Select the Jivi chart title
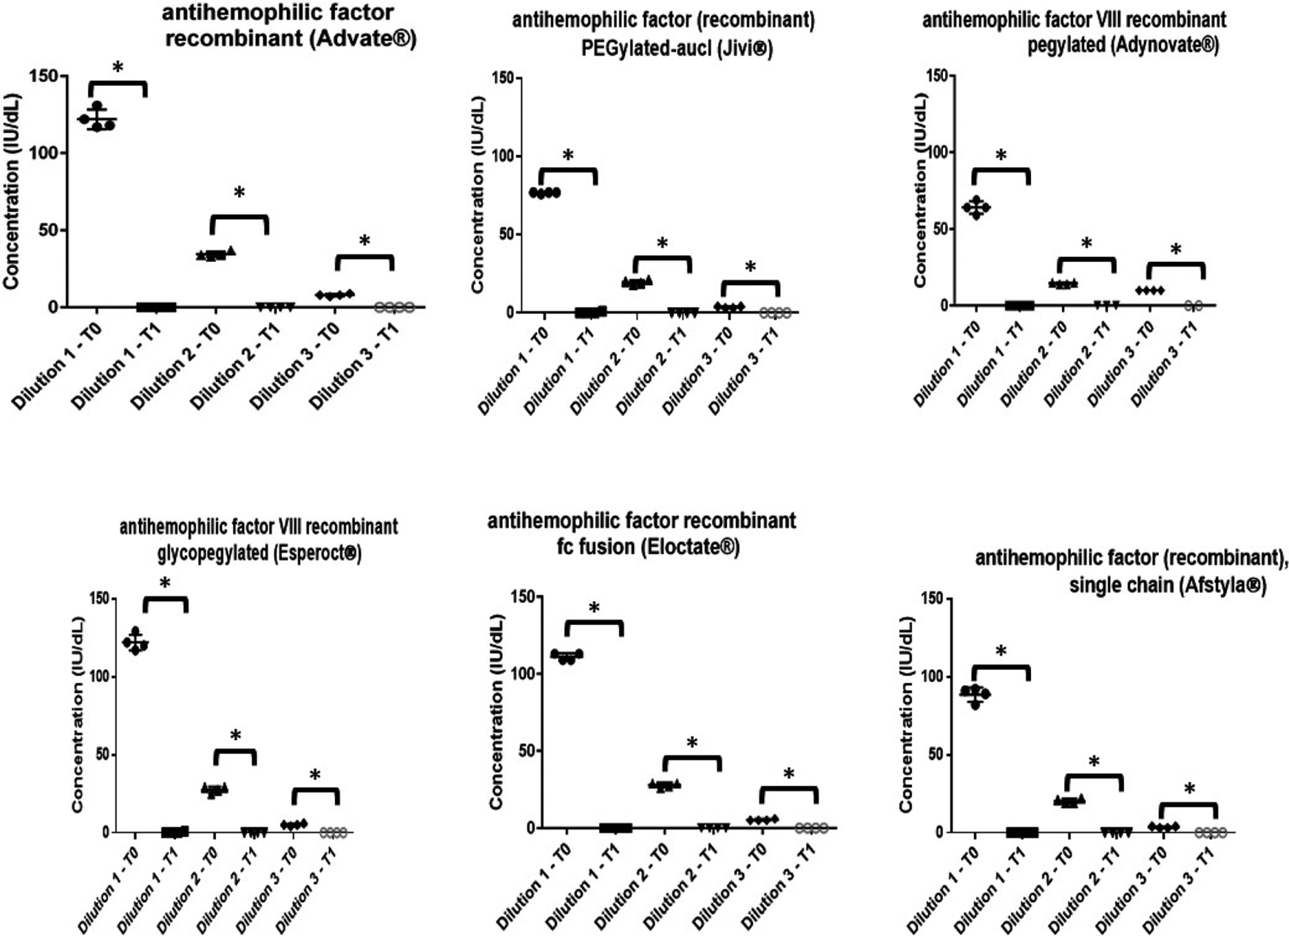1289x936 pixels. point(663,34)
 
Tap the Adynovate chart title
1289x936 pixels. point(1074,32)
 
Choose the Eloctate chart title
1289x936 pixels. point(641,533)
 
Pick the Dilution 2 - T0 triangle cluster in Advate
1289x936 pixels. point(215,254)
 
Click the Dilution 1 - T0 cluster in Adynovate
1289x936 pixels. point(976,207)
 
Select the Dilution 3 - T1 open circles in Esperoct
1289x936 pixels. point(333,832)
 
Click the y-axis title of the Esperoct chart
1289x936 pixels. point(77,714)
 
